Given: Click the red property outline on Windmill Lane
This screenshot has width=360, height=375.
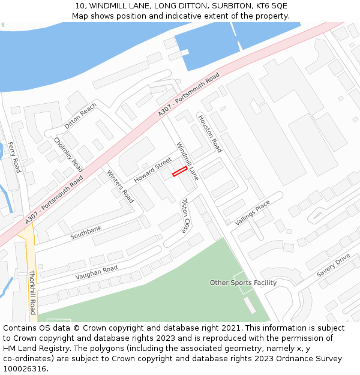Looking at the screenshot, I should click(x=179, y=172).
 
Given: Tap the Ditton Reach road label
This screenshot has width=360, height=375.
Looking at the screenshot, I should click(x=80, y=116).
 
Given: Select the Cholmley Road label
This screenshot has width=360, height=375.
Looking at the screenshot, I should click(x=68, y=154).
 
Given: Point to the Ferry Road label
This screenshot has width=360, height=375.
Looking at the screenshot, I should click(x=13, y=157).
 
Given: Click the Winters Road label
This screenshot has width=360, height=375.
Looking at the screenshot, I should click(x=120, y=186).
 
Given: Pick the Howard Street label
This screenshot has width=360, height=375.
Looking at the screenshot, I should click(x=152, y=170).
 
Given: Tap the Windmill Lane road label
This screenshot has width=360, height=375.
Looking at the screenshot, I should click(x=187, y=161).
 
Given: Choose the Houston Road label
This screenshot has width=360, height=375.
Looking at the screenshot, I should click(x=210, y=133).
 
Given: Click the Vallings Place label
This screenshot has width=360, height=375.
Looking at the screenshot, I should click(x=253, y=213).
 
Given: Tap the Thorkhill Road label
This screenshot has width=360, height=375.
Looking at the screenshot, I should click(x=32, y=292).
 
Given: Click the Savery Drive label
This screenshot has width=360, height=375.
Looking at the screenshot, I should click(x=333, y=265).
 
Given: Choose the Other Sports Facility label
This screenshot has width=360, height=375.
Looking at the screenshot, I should click(x=243, y=283).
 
